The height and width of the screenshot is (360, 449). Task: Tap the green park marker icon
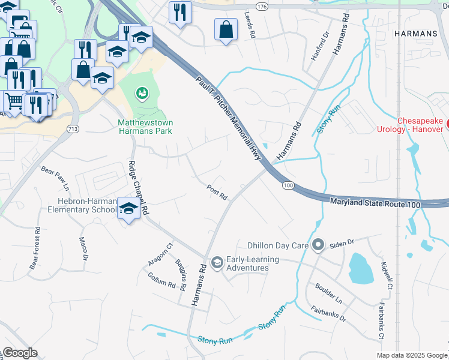click(x=142, y=92)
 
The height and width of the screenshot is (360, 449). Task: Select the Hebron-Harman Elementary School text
click(x=82, y=206)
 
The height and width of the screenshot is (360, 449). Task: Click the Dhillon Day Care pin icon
click(x=318, y=245)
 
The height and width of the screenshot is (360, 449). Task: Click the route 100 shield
click(x=289, y=186)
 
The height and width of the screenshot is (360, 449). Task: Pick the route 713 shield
click(x=73, y=129)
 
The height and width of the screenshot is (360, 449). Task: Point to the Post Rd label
click(x=217, y=192)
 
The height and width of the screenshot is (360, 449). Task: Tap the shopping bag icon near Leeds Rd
click(x=226, y=30)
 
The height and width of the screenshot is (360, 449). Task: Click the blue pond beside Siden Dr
click(x=360, y=268)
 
